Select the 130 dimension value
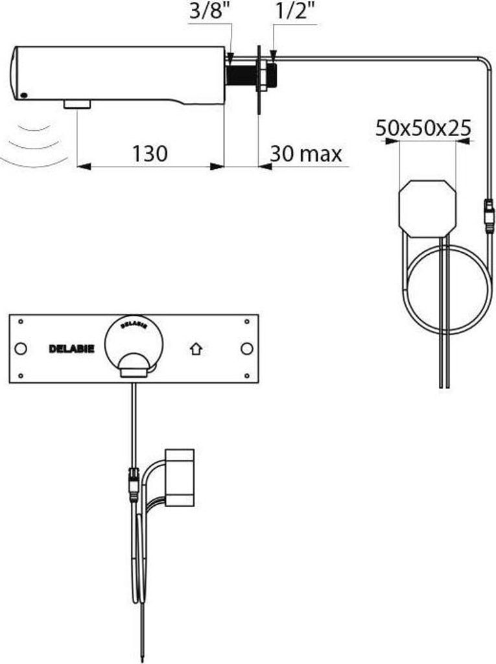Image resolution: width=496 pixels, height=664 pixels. (x=150, y=154)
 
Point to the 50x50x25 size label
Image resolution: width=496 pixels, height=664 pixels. (x=423, y=127)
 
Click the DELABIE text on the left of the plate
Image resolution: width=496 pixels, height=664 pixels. (x=71, y=349)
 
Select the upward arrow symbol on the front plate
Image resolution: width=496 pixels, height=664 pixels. (x=196, y=349)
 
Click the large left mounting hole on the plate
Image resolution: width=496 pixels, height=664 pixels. (x=21, y=349)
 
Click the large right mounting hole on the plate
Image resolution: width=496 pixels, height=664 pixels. (x=246, y=349)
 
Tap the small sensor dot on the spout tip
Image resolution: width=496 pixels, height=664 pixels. (x=24, y=96)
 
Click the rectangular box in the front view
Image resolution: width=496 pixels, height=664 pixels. (x=180, y=477)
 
